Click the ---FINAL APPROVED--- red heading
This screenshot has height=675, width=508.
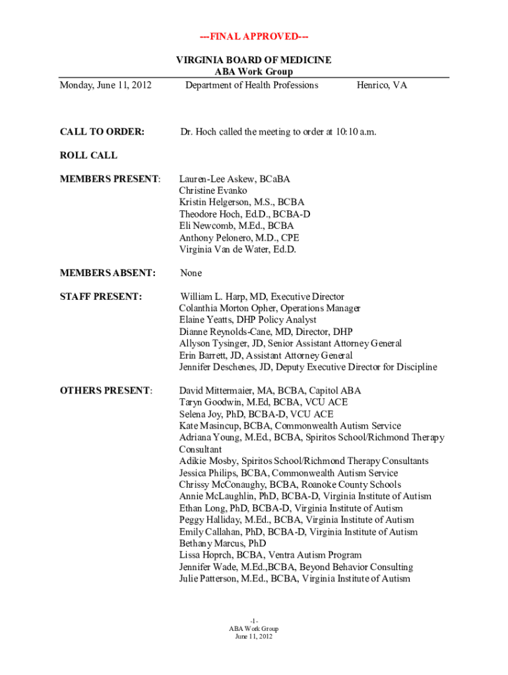(x=253, y=36)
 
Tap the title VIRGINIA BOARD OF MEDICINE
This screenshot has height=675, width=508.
(x=253, y=61)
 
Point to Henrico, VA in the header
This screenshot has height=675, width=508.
(x=382, y=85)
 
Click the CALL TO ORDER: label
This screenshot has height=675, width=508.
(x=102, y=132)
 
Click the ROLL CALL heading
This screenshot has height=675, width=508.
(x=88, y=156)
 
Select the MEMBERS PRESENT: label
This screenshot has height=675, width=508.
(x=110, y=179)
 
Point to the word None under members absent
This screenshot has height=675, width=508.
(x=191, y=273)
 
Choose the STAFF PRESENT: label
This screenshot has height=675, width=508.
(x=101, y=297)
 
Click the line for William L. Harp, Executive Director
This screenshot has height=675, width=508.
(x=263, y=297)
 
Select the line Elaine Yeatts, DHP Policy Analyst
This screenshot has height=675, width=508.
(x=247, y=320)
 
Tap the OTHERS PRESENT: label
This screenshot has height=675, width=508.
(x=106, y=391)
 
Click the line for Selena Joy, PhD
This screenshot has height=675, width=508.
(x=256, y=414)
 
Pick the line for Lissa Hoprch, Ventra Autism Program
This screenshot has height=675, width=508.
(x=270, y=555)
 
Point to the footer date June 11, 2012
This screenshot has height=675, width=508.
(x=253, y=637)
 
